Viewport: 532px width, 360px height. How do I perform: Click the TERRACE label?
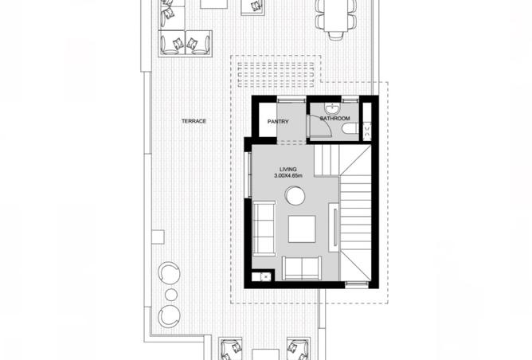[x=194, y=121]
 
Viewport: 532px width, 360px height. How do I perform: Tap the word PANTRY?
[x=278, y=122]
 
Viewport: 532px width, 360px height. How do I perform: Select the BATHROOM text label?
[x=334, y=119]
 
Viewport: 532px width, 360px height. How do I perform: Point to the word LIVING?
[x=288, y=170]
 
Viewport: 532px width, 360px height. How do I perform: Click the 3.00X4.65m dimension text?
[x=288, y=175]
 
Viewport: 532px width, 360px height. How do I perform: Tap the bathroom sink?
[x=331, y=109]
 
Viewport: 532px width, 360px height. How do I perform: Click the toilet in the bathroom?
[x=350, y=129]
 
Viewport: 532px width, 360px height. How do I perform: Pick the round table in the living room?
[x=295, y=196]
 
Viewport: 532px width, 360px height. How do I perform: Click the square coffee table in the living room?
[x=302, y=229]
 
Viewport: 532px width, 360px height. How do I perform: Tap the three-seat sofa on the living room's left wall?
[x=264, y=229]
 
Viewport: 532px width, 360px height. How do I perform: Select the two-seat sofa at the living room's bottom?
[x=302, y=268]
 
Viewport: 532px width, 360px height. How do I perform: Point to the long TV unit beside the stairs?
[x=334, y=227]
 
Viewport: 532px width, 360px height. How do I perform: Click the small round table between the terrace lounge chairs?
[x=171, y=295]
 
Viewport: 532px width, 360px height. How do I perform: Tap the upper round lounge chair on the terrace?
[x=169, y=273]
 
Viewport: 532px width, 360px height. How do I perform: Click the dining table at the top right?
[x=336, y=15]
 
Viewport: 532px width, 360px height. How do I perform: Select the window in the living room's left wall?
[x=248, y=175]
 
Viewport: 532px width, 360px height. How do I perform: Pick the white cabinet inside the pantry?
[x=268, y=119]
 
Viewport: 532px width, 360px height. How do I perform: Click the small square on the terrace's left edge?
[x=158, y=237]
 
